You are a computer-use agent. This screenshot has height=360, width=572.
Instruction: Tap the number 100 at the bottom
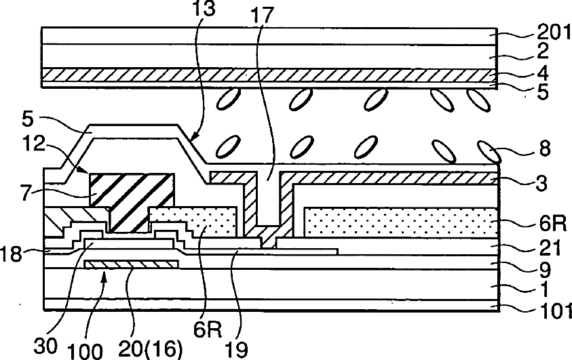pos(86,351)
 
